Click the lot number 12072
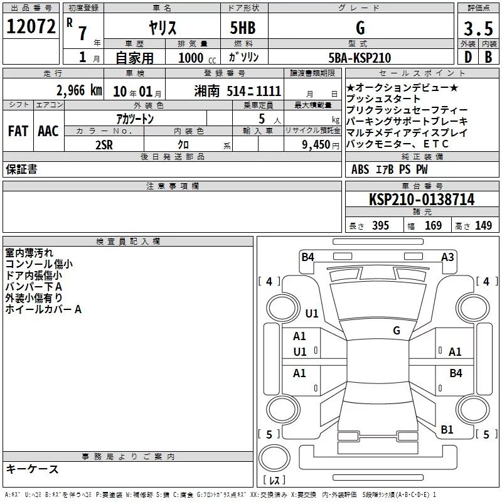tap(31, 27)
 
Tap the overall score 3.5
tap(479, 28)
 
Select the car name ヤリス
tap(162, 28)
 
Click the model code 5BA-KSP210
tap(360, 58)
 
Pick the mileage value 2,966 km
tap(79, 90)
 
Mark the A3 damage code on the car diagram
tap(447, 257)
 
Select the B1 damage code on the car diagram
tap(447, 430)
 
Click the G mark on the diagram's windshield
tap(397, 331)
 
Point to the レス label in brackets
tap(274, 481)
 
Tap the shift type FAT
tap(18, 131)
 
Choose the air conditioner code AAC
tap(48, 131)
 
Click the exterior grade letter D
tap(467, 57)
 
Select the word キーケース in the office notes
tap(32, 469)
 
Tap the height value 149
tap(483, 226)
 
